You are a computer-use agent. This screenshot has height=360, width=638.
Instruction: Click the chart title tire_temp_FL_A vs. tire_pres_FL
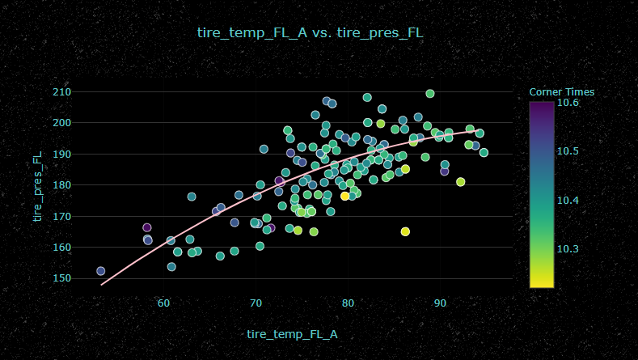click(311, 33)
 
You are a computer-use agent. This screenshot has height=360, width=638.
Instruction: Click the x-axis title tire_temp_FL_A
click(292, 333)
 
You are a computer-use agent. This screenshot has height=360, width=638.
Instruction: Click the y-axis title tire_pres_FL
click(36, 190)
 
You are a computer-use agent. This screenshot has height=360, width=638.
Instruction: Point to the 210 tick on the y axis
click(62, 92)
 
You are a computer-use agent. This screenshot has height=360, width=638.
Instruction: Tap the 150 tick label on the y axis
click(62, 278)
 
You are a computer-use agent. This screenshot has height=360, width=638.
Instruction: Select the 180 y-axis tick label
click(62, 185)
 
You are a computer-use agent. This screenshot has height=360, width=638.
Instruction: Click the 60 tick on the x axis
click(164, 303)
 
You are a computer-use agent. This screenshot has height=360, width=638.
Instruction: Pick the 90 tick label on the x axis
click(440, 303)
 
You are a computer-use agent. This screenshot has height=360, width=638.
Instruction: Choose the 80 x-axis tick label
click(348, 303)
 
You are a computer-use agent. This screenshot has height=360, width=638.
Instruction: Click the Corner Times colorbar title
click(562, 92)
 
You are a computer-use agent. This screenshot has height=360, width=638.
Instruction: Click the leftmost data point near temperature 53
click(101, 271)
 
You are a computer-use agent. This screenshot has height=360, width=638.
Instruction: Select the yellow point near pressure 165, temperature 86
click(405, 231)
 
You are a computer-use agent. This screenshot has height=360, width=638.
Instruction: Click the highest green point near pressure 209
click(430, 94)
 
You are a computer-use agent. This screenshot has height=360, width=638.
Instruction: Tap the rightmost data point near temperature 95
click(484, 153)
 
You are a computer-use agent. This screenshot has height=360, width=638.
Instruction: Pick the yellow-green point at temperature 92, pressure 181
click(461, 182)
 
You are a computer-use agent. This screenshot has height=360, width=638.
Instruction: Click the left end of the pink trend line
click(102, 285)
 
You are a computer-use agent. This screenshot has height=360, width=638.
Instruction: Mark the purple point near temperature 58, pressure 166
click(147, 228)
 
